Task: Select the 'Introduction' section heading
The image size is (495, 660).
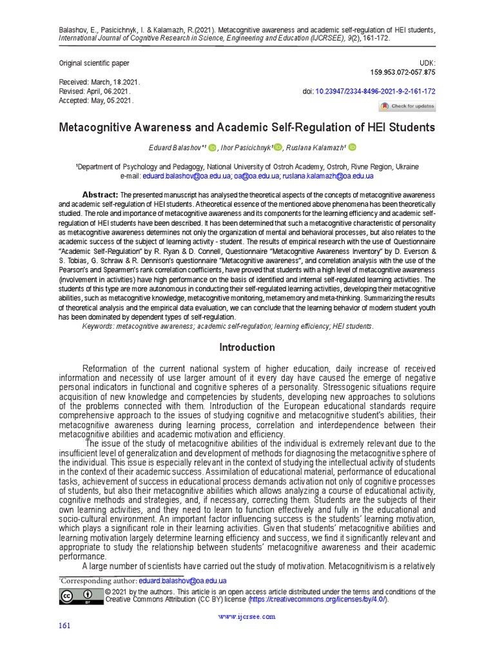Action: click(247, 347)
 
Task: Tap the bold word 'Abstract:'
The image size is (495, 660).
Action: click(100, 195)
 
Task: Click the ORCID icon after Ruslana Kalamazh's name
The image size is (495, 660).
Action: click(353, 148)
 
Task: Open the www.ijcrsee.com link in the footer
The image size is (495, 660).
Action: click(247, 616)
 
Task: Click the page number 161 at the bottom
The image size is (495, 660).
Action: click(64, 626)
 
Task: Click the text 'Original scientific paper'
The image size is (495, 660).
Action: click(94, 63)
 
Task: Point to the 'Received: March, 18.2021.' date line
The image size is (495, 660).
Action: click(99, 84)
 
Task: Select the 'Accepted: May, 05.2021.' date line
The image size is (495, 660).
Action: click(95, 101)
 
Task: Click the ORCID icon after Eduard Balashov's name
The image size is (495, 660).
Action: click(213, 148)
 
